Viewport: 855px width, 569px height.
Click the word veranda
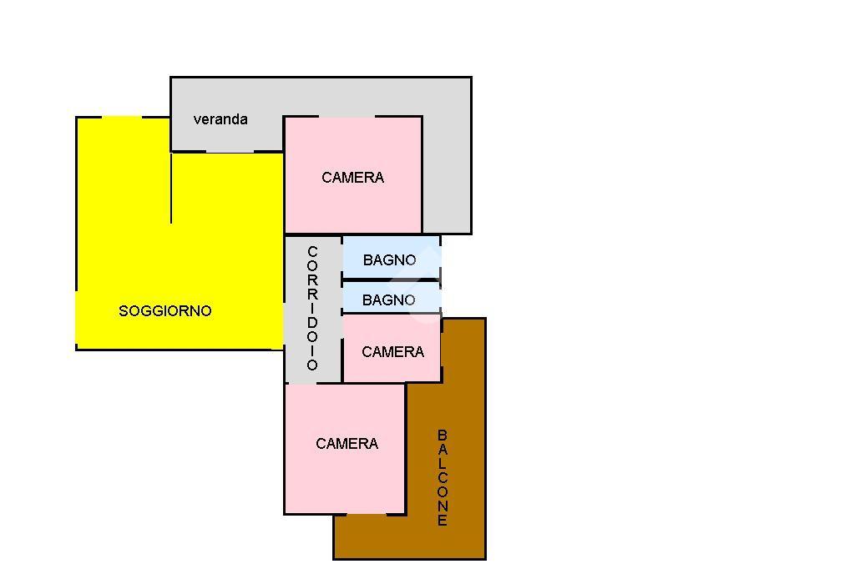tap(220, 119)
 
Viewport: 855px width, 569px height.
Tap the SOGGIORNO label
tap(164, 310)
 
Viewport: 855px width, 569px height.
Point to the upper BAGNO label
tap(389, 260)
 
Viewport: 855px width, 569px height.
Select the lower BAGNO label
tap(388, 300)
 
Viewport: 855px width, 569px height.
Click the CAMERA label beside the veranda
tap(353, 177)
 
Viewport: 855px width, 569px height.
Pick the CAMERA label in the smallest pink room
tap(392, 351)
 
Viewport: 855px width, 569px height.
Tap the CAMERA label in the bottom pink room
tap(347, 444)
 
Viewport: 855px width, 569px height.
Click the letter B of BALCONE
tap(443, 435)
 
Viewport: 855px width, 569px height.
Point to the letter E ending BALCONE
tap(443, 520)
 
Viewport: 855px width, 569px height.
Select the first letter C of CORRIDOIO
tap(312, 252)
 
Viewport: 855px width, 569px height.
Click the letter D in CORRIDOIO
tap(312, 323)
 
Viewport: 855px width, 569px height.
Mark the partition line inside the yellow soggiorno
tap(171, 188)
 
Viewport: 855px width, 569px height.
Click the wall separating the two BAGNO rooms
tap(392, 280)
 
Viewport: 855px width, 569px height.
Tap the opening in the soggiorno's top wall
tap(122, 117)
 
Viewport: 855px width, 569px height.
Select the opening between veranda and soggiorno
tap(230, 152)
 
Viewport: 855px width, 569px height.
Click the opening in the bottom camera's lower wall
tap(367, 513)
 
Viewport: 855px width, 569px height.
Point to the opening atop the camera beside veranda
tap(347, 116)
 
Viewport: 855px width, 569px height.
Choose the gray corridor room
tap(313, 309)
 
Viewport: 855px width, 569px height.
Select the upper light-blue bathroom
tap(391, 257)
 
